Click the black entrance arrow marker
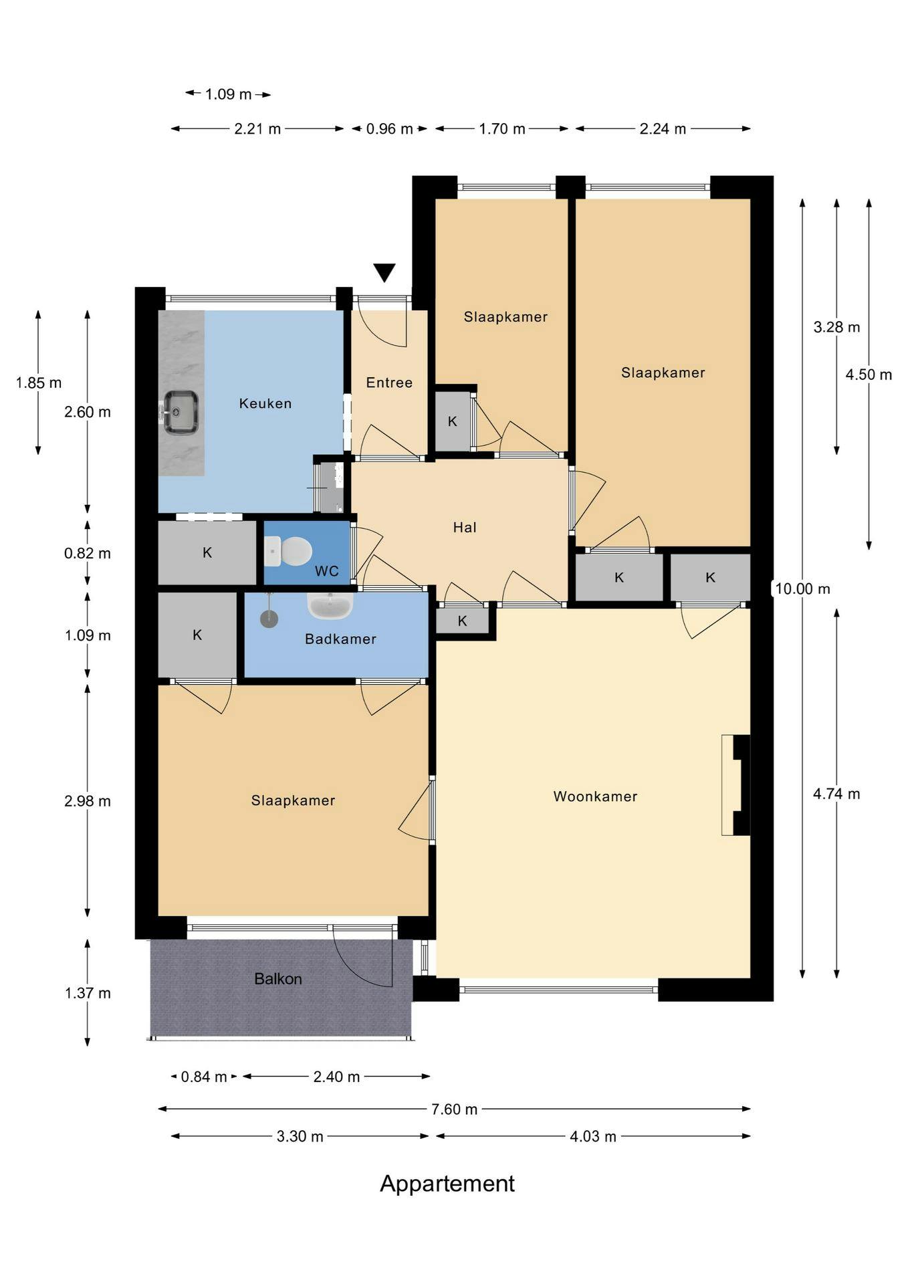click(384, 272)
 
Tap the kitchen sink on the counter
click(181, 411)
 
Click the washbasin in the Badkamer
click(330, 605)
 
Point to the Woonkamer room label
click(595, 796)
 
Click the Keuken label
click(265, 403)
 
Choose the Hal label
click(465, 527)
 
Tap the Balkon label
click(278, 978)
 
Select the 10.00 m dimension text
click(802, 588)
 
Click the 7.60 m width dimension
click(454, 1109)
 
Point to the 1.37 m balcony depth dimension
click(88, 992)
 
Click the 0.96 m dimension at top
click(389, 128)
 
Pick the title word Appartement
click(447, 1183)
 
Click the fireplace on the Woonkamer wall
click(736, 784)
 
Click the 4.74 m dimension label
click(836, 794)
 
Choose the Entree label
click(389, 383)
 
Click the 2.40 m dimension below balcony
click(336, 1076)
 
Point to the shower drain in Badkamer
click(269, 619)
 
